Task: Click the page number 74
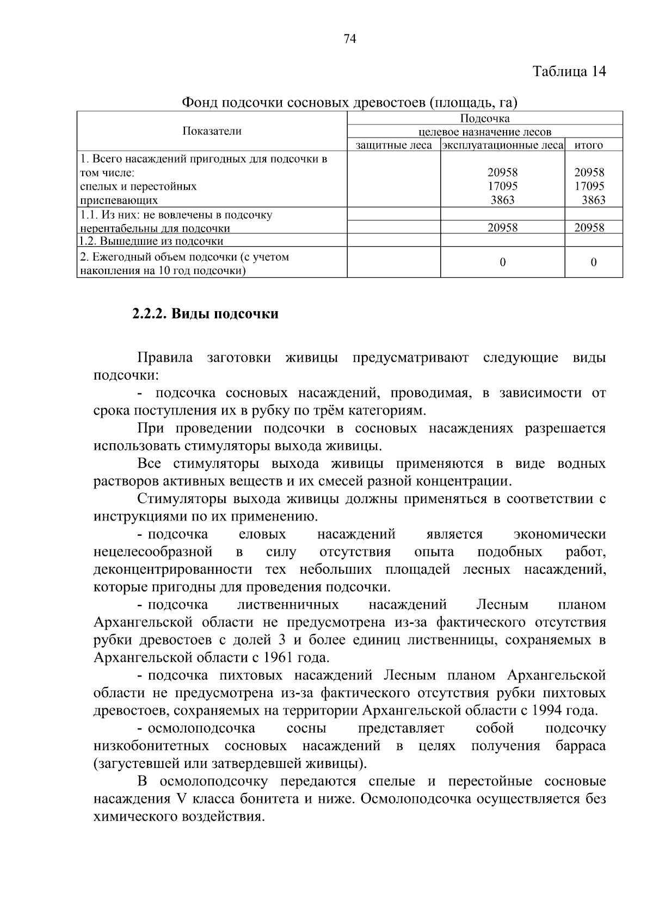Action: (350, 38)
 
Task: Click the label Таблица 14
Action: (569, 71)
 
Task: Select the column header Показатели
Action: (212, 131)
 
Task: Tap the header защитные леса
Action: (393, 145)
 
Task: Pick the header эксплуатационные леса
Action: (502, 145)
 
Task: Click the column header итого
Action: (588, 145)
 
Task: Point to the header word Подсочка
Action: (484, 119)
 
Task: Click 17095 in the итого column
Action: (589, 186)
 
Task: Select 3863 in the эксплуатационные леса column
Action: (502, 200)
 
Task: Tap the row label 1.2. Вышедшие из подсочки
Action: (151, 241)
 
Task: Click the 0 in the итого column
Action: (593, 262)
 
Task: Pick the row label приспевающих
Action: (119, 200)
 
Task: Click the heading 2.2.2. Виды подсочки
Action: (205, 314)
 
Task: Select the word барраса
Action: (581, 746)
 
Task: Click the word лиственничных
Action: (288, 605)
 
